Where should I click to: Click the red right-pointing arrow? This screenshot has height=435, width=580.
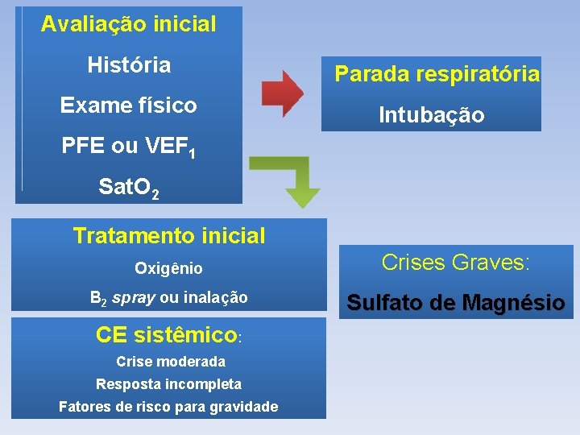pos(282,93)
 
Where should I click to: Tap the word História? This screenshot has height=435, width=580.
pos(129,64)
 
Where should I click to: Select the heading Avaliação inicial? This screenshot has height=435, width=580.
pos(129,24)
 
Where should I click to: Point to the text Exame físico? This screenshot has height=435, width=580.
pos(129,106)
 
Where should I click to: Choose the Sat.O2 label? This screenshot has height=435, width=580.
pos(129,189)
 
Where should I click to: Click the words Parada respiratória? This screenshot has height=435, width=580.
pos(437,74)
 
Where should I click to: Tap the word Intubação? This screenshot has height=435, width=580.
pos(432,115)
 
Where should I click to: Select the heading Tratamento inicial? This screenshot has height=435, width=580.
pos(168,236)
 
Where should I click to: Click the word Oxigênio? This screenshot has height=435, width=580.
pos(168,268)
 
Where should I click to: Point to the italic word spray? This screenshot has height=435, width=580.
pos(135,298)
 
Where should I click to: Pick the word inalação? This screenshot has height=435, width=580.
pos(215,298)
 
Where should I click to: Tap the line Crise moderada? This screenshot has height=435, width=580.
pos(171,362)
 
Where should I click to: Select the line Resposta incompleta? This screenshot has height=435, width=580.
pos(168,384)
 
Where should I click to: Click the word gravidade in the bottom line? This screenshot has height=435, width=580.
pos(241,407)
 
